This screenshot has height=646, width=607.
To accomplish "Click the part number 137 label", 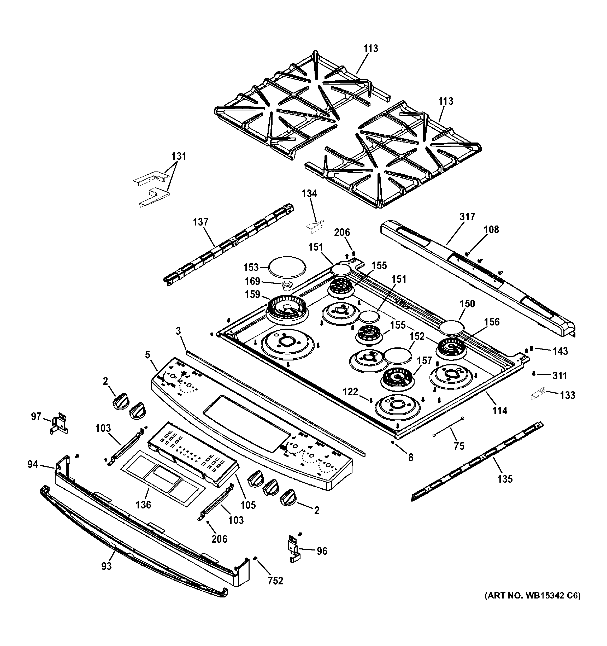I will pyautogui.click(x=200, y=222).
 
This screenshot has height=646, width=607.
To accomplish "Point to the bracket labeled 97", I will pyautogui.click(x=60, y=423).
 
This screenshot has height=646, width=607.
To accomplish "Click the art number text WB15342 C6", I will pyautogui.click(x=532, y=605).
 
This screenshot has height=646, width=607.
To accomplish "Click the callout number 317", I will pyautogui.click(x=467, y=217).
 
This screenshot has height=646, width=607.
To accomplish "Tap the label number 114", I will pyautogui.click(x=499, y=411).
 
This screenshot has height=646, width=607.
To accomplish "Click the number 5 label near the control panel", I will pyautogui.click(x=148, y=355).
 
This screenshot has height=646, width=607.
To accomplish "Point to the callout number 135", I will pyautogui.click(x=505, y=479).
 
